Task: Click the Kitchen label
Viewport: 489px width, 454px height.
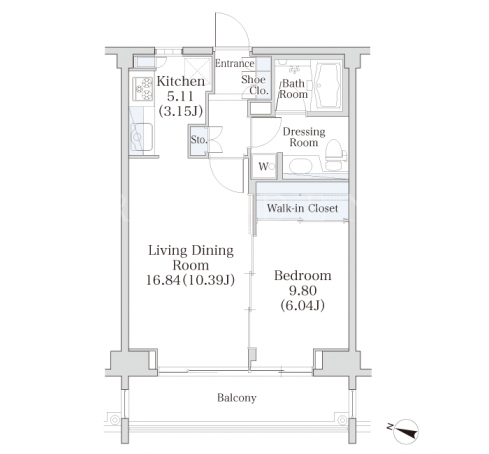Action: [x=181, y=81]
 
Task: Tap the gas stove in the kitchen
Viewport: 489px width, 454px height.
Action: [x=143, y=89]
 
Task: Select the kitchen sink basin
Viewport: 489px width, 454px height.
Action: [x=142, y=137]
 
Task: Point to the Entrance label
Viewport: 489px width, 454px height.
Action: [x=235, y=63]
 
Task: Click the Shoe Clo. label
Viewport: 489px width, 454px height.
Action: [x=255, y=85]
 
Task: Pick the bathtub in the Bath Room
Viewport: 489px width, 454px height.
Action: [x=327, y=86]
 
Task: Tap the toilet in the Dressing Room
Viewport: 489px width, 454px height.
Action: [x=335, y=155]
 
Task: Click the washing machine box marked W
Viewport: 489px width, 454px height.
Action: [x=264, y=166]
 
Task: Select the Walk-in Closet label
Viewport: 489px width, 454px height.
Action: [x=302, y=208]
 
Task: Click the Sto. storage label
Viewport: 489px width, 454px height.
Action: [x=199, y=140]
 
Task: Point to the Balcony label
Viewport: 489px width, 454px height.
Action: [x=237, y=398]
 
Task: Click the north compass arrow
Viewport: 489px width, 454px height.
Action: [x=406, y=431]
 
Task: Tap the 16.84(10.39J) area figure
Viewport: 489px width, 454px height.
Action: [x=190, y=280]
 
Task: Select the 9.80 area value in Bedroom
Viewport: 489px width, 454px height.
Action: [x=302, y=291]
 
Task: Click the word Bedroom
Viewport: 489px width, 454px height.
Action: [x=303, y=276]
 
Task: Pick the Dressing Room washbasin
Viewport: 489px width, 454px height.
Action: [x=300, y=166]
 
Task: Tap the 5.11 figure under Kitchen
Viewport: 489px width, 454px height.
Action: [x=180, y=96]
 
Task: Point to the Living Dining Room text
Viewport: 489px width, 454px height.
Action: [x=191, y=258]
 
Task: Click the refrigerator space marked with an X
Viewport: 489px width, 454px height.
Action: [x=197, y=71]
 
